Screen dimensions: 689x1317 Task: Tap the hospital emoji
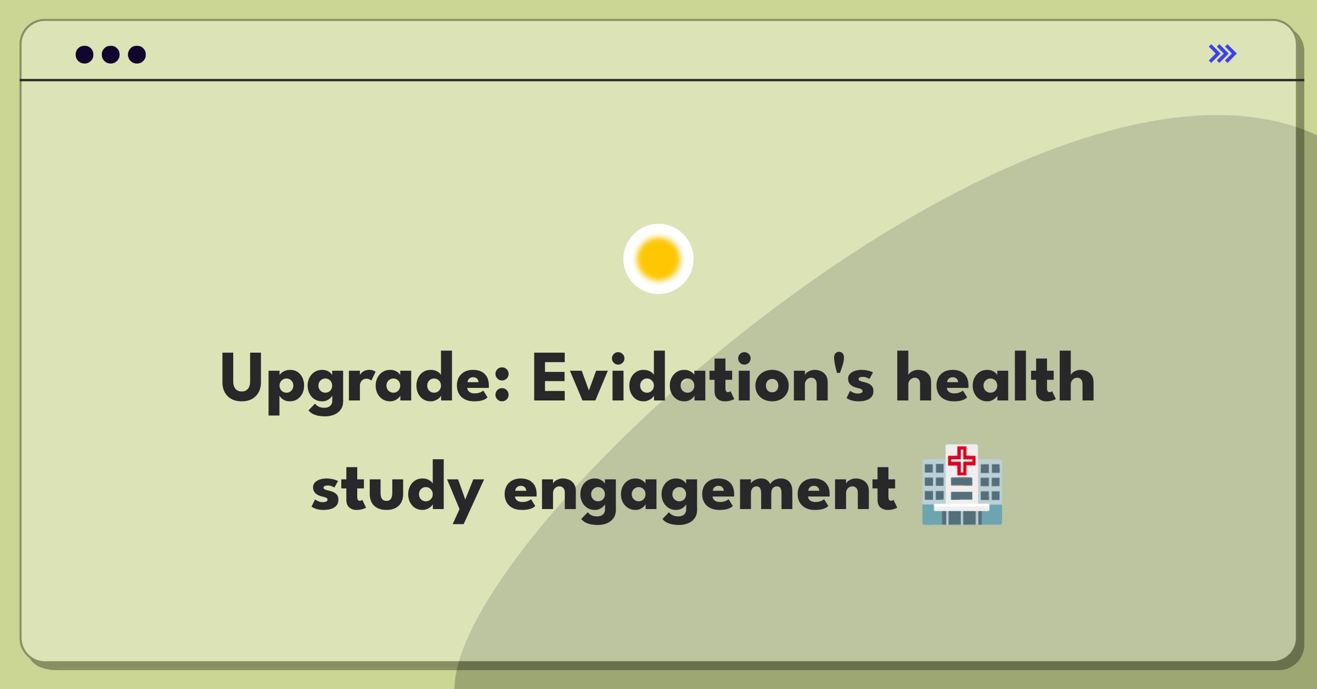[x=962, y=485]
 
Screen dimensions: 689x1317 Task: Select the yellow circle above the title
[x=658, y=259]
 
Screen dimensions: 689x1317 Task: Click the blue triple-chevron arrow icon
[x=1222, y=54]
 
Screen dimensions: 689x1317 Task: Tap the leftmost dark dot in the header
[x=85, y=54]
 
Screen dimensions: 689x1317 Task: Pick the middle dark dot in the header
[x=111, y=54]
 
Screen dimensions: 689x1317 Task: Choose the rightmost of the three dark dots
[x=137, y=54]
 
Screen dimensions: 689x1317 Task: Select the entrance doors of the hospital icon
[x=961, y=517]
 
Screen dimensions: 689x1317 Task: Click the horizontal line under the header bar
[x=658, y=80]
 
